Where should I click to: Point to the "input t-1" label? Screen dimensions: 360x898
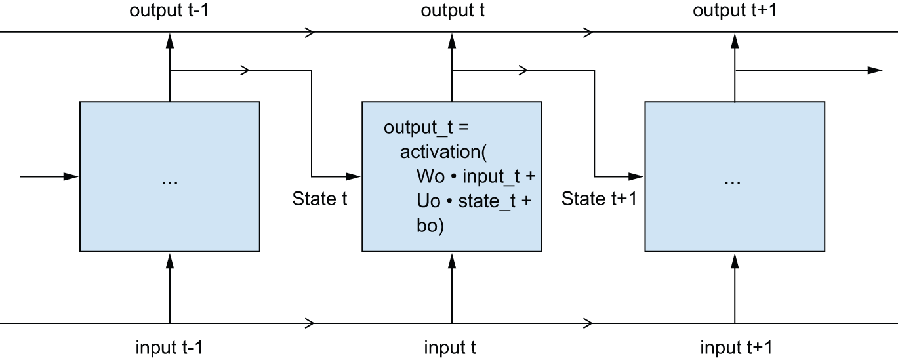click(x=170, y=347)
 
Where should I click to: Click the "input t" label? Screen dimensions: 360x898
click(x=450, y=347)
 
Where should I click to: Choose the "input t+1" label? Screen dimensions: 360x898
click(x=735, y=347)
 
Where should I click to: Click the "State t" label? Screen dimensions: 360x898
click(x=319, y=199)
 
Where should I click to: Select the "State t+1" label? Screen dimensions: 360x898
click(x=599, y=199)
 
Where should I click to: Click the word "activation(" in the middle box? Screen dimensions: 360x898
click(x=443, y=151)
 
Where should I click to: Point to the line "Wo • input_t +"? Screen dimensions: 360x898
click(x=476, y=176)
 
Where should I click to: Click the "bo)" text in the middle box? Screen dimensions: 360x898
click(x=430, y=226)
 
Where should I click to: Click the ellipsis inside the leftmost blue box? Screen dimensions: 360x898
click(x=169, y=180)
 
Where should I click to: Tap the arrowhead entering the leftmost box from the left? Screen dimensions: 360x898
click(x=71, y=176)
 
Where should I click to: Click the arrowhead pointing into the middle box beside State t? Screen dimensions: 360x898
click(x=354, y=176)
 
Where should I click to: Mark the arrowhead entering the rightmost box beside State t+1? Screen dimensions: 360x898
click(x=637, y=176)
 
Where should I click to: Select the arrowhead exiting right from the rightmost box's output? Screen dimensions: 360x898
click(x=875, y=70)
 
